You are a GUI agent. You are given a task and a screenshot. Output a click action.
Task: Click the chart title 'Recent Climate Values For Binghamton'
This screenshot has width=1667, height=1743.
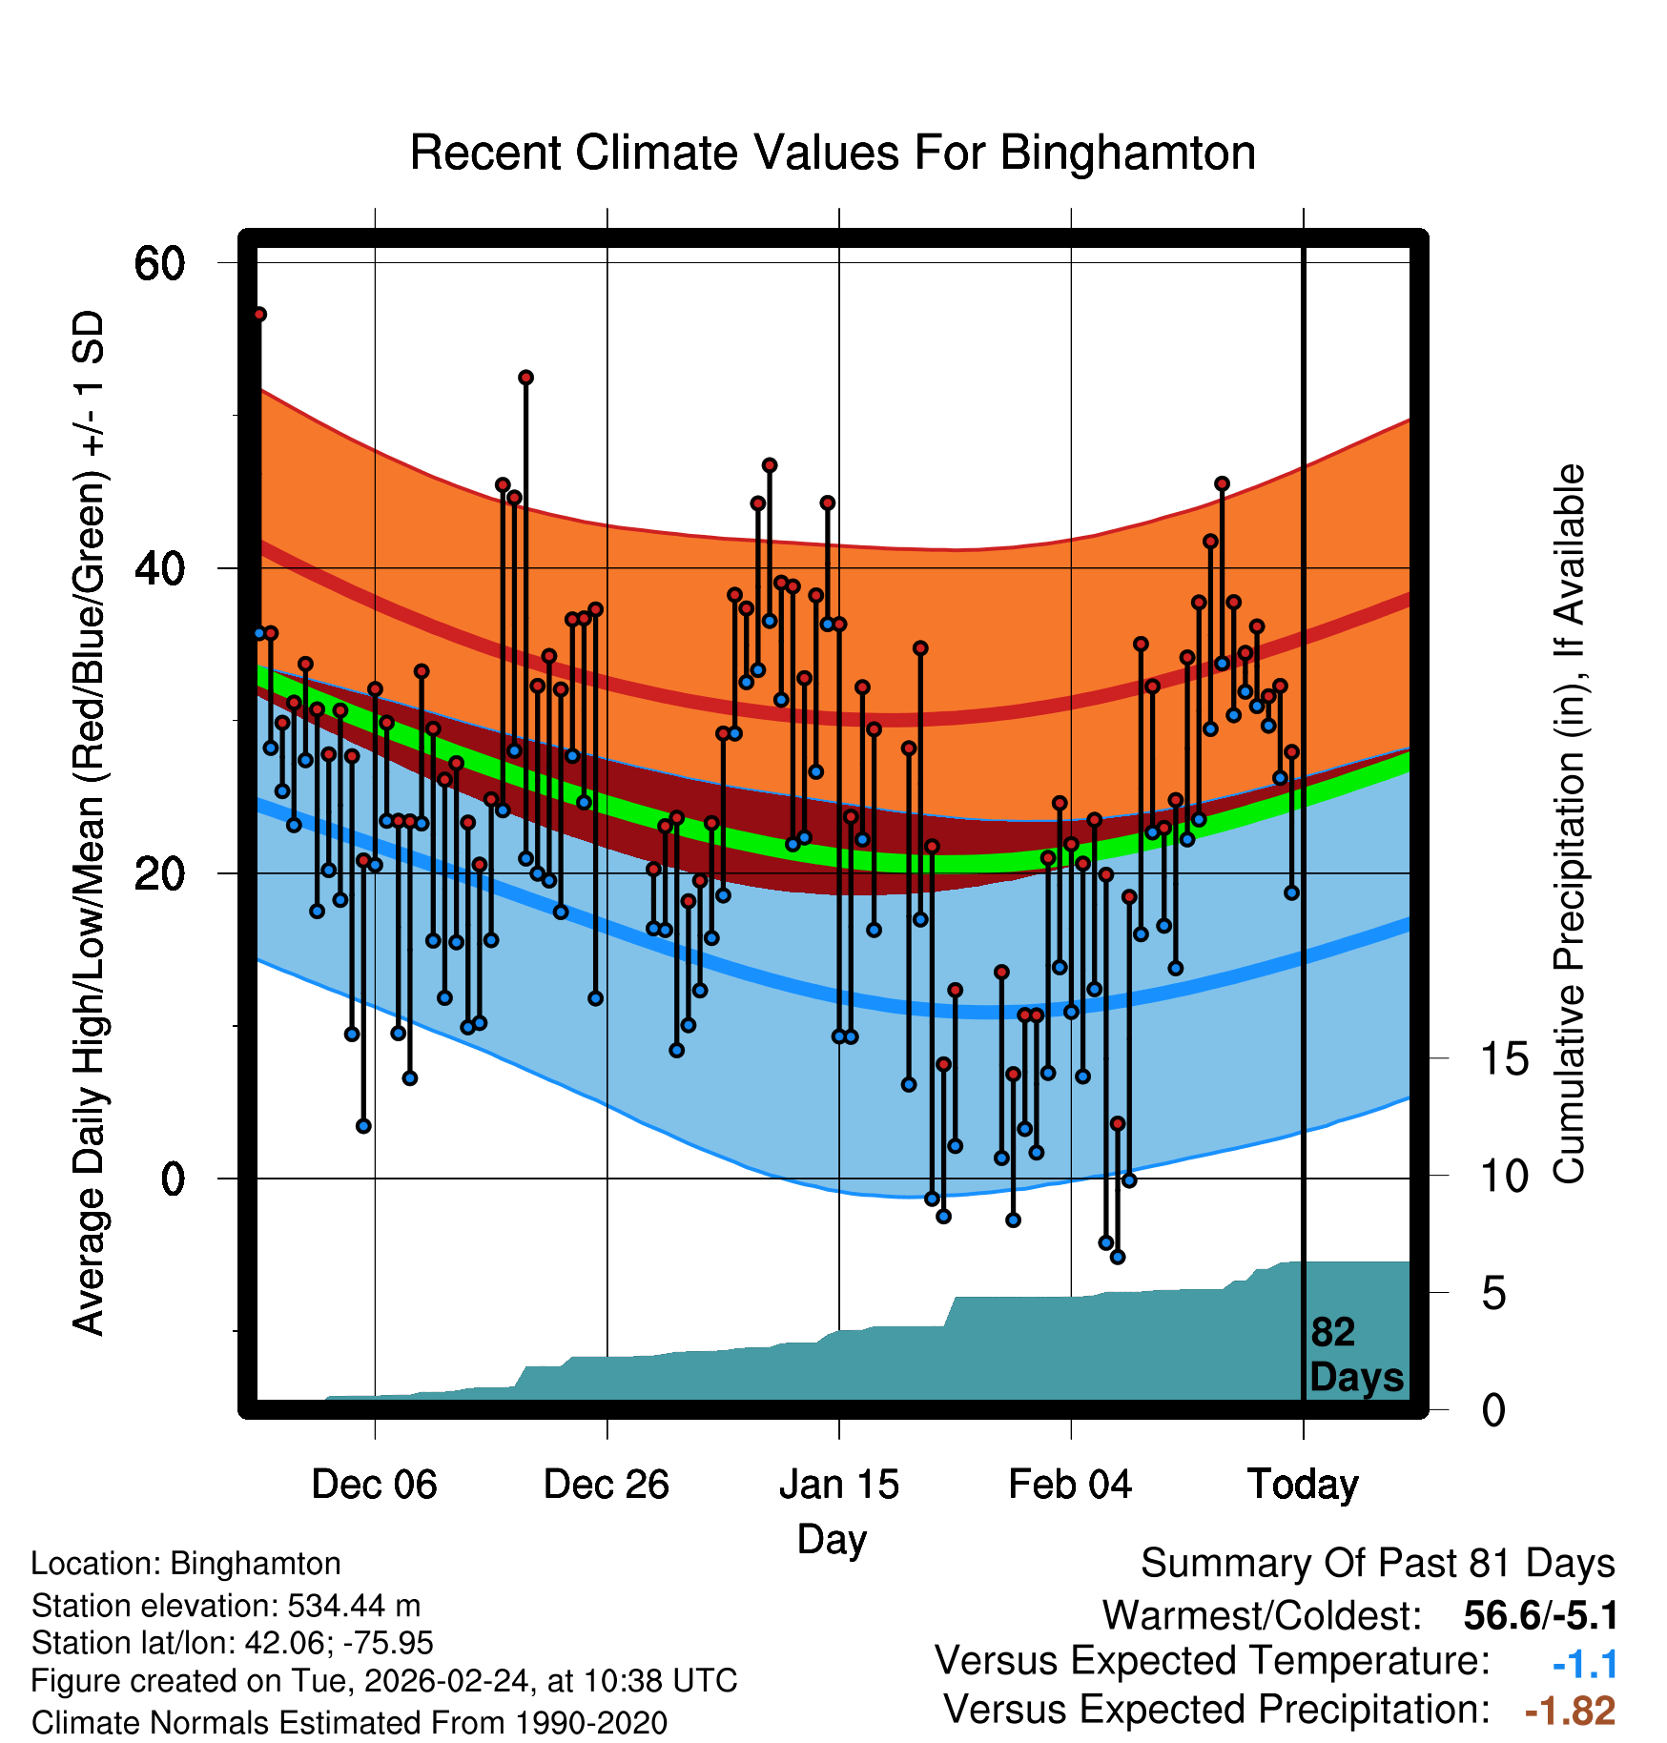pos(833,154)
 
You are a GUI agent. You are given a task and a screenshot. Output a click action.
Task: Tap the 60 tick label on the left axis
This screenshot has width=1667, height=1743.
pos(159,263)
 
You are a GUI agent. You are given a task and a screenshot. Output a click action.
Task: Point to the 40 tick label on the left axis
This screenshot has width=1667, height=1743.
pos(159,569)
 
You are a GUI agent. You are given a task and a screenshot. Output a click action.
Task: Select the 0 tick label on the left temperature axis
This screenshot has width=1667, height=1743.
pos(173,1179)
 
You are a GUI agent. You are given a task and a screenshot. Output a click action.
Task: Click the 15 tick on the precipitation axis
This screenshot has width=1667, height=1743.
pos(1504,1059)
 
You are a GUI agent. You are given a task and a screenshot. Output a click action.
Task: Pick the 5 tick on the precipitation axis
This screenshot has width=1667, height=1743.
pos(1494,1294)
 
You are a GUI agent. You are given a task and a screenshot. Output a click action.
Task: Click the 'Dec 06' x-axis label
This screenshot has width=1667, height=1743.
pos(374,1485)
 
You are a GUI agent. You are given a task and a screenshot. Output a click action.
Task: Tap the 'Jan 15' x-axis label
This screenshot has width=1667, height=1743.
pos(838,1485)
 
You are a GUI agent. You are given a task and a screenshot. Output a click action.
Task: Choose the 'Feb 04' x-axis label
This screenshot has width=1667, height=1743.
pos(1070,1485)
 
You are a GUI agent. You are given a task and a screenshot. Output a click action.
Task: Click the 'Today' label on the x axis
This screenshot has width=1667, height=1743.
pos(1303,1485)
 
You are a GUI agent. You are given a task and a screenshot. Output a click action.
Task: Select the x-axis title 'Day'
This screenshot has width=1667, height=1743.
pos(832,1539)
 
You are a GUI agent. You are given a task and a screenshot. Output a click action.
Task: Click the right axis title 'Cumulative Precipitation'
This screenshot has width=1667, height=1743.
pos(1569,824)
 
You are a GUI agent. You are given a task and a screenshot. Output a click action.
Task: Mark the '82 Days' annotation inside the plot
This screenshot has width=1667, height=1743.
pos(1356,1355)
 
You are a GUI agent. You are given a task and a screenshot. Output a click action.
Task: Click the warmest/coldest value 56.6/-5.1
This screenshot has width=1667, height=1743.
pos(1540,1615)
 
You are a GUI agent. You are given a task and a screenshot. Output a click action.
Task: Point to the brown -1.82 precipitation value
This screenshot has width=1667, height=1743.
pos(1570,1711)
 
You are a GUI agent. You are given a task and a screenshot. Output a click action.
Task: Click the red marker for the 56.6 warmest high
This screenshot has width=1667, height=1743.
pos(259,315)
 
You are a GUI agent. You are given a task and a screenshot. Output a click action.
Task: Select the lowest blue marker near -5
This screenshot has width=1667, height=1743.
pos(1118,1257)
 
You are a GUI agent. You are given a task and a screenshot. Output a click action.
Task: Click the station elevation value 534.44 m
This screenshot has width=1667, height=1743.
pos(354,1606)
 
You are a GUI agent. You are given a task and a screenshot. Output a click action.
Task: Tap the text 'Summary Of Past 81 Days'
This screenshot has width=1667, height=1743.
pos(1377,1564)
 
